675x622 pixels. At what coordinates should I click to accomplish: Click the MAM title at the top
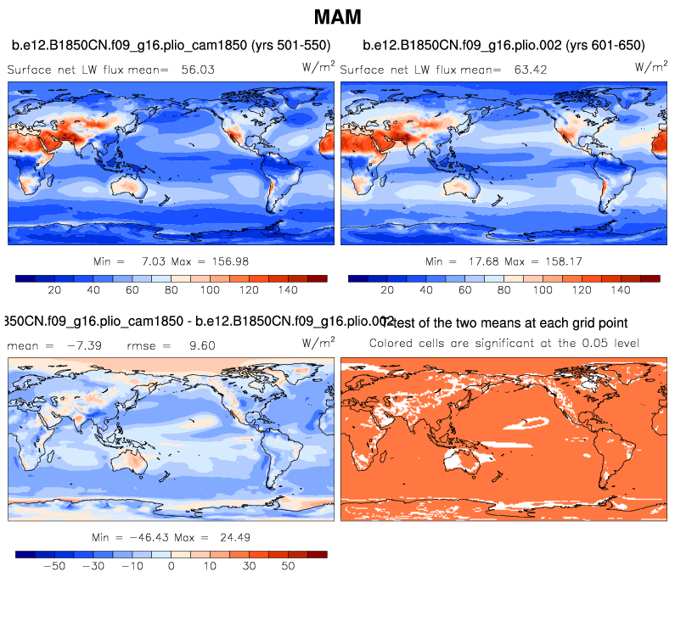click(337, 17)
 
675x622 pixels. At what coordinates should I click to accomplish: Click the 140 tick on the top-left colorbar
click(288, 290)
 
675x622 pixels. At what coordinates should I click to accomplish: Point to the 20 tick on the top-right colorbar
click(387, 290)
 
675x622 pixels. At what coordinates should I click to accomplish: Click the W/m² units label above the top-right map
click(650, 66)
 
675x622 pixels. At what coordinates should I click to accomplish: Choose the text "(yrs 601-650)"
click(604, 45)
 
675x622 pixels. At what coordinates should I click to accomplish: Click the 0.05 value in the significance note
click(584, 343)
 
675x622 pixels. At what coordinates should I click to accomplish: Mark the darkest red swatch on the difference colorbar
click(317, 553)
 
